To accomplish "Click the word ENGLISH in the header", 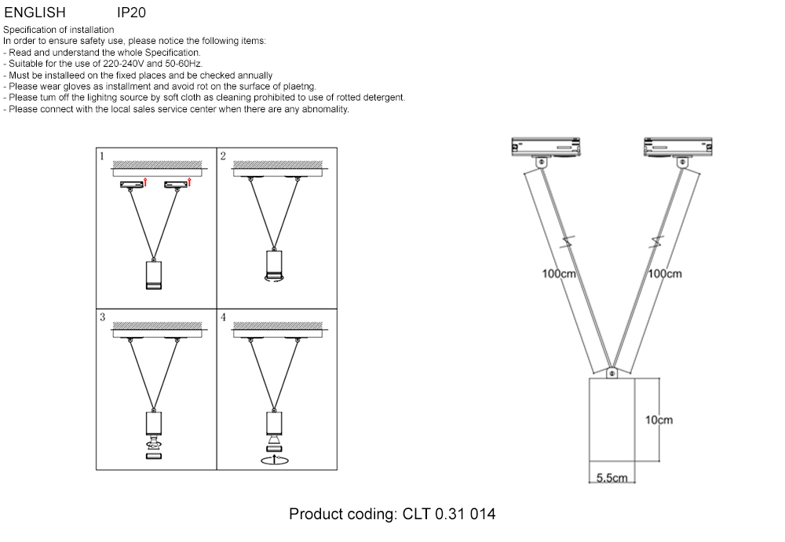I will [x=35, y=13].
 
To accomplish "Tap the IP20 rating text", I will [x=131, y=13].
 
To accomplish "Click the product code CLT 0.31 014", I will [x=449, y=515].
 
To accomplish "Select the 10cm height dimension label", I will [x=659, y=420].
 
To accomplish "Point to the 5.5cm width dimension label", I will [x=612, y=478].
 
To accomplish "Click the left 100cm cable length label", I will [x=560, y=274].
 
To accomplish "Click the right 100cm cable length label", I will [x=665, y=274].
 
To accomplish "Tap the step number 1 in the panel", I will [x=102, y=156].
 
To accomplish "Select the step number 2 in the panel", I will [x=223, y=156].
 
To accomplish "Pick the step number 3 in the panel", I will [x=102, y=317].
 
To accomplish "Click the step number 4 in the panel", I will [x=223, y=317].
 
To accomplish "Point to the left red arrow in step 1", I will [x=146, y=183].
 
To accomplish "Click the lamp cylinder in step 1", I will [x=154, y=275].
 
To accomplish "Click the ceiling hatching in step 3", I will [x=156, y=325].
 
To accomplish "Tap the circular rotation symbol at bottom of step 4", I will [x=274, y=460].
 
